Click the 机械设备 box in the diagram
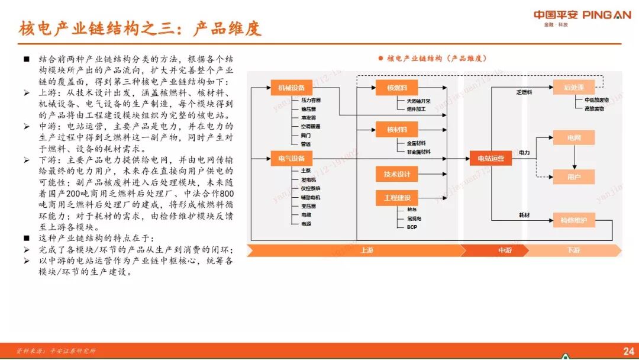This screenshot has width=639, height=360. click(x=291, y=88)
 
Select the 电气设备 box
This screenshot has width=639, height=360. click(x=291, y=158)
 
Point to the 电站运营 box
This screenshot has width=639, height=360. click(x=490, y=158)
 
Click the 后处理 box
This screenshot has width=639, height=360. click(x=573, y=88)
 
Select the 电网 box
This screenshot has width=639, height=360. click(x=573, y=138)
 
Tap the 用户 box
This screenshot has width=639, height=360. click(x=573, y=176)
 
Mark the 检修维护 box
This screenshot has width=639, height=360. click(x=573, y=220)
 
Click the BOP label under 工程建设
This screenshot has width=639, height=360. click(x=412, y=227)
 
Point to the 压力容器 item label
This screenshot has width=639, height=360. click(x=311, y=101)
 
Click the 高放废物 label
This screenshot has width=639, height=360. click(x=594, y=109)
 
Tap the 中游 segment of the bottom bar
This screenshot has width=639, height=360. click(x=504, y=250)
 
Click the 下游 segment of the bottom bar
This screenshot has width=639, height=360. click(x=573, y=250)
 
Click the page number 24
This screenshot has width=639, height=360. click(x=628, y=351)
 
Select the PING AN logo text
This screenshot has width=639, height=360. click(x=606, y=15)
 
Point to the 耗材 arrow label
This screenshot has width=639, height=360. click(x=524, y=214)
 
